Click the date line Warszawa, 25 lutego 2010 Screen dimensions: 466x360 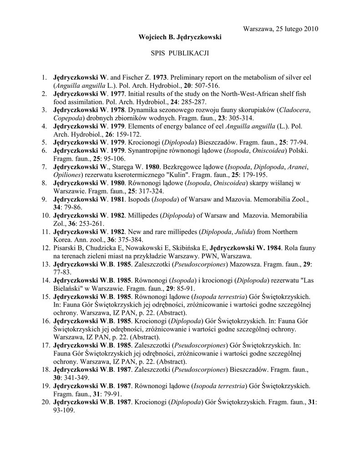281,29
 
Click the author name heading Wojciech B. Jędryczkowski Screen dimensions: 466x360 180,37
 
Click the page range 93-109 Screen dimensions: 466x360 64,410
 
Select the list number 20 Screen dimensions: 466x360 45,402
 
